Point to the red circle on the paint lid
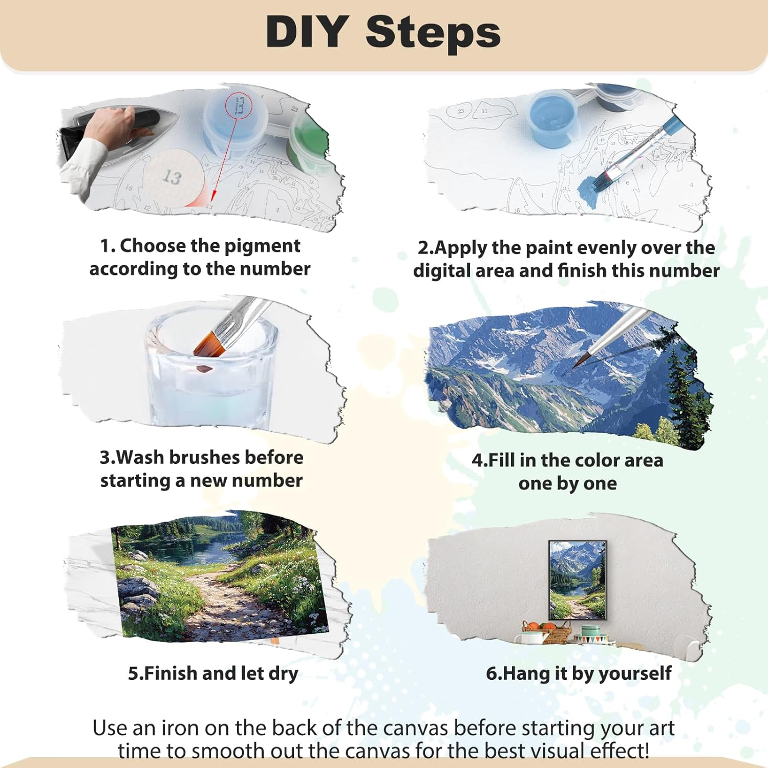click(239, 106)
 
